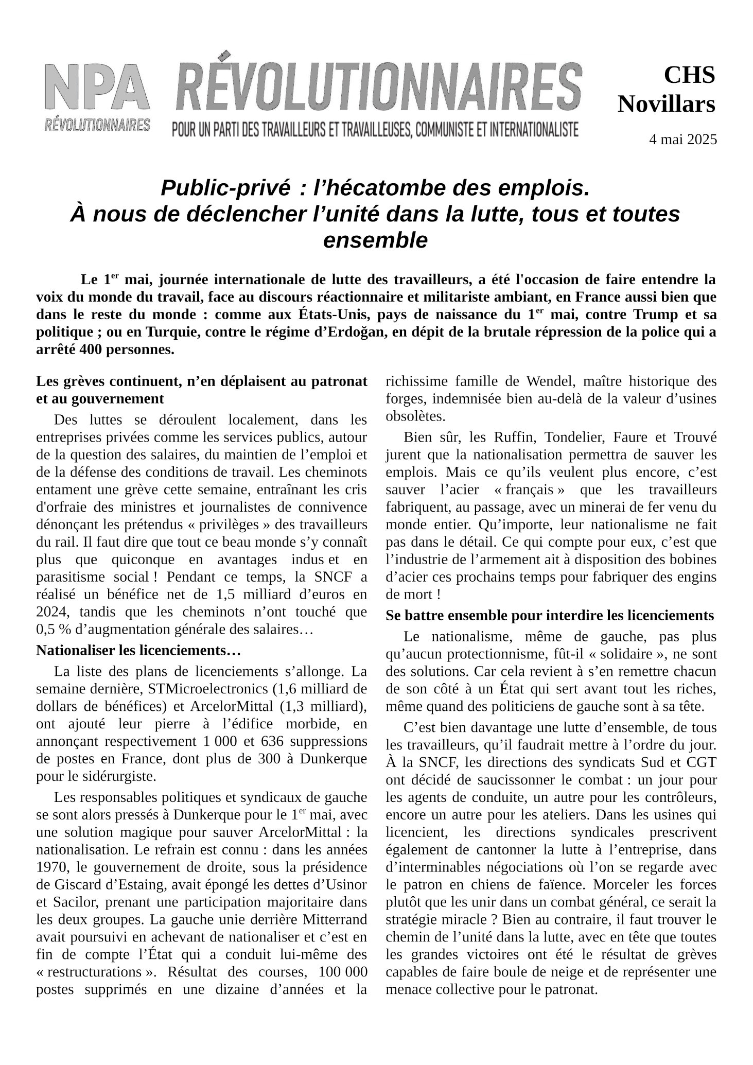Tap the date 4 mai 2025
(682, 139)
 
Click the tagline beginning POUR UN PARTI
(375, 129)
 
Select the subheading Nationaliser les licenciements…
(138, 650)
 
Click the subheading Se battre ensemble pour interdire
(550, 615)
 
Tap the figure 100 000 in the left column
(343, 972)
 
